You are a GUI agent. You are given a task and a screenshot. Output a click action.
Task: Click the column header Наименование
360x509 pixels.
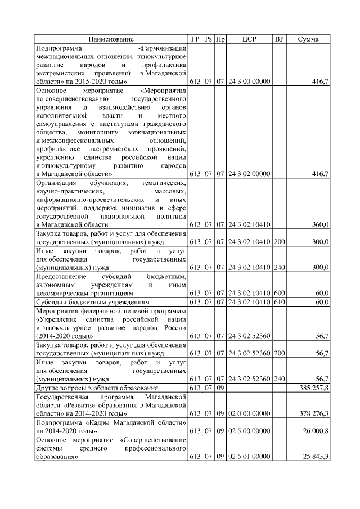[x=111, y=39]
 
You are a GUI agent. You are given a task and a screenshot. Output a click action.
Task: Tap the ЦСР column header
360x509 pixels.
[x=249, y=39]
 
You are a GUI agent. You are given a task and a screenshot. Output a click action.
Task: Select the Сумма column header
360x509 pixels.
[x=308, y=39]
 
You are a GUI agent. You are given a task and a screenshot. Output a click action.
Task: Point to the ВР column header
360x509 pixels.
[x=279, y=39]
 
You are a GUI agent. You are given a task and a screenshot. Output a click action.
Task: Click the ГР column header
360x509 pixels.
[x=195, y=39]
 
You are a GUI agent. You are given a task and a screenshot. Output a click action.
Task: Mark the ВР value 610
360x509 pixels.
[x=279, y=302]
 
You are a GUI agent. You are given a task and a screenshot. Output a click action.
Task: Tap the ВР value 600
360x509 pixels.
[x=279, y=293]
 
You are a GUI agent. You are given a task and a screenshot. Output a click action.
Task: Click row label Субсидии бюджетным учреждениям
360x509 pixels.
[x=93, y=302]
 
